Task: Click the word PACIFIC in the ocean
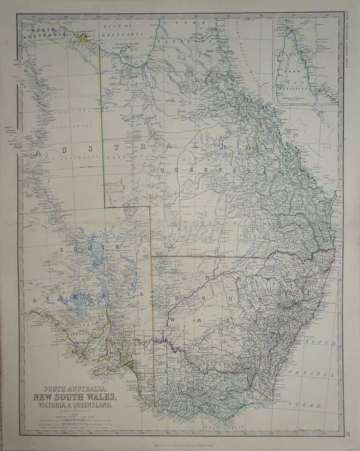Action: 318,374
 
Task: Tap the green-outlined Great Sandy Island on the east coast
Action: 335,198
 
